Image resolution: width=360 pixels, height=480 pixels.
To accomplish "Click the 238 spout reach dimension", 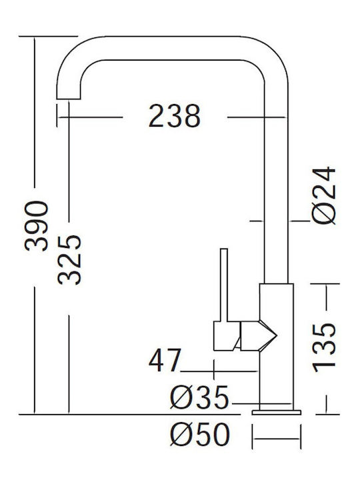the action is pos(175,116).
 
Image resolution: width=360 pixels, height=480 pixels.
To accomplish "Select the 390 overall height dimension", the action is pos(37,226).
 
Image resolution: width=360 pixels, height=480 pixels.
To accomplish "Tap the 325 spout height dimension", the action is pos(69,260).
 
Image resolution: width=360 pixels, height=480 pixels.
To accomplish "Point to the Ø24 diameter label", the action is pos(324,195).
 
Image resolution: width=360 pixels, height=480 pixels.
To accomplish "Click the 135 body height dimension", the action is pos(324,348).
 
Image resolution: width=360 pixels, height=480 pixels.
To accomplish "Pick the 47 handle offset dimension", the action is pos(165,360).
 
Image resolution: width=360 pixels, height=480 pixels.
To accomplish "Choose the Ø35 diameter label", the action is pos(199,397).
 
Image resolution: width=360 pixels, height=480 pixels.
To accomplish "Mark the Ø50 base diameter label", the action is pos(200,434).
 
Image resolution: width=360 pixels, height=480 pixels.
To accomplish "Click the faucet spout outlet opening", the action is pos(69,99).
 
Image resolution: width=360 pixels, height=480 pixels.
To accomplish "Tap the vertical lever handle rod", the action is pos(224,285).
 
